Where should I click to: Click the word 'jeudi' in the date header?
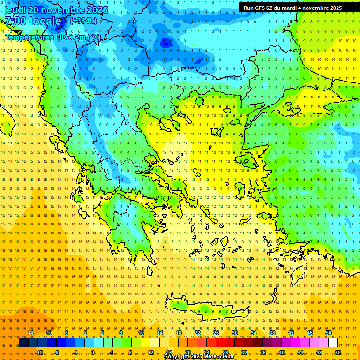coord(15,10)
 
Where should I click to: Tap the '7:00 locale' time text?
coord(33,21)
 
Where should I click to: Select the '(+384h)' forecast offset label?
coord(83,21)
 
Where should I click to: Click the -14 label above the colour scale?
coord(30,333)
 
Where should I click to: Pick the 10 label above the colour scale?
coord(141,333)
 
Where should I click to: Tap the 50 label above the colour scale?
coord(329,333)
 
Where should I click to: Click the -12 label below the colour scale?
coord(39,352)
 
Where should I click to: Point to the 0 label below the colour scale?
coord(93,352)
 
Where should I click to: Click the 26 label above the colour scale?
coord(216,333)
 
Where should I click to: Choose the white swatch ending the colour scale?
coord(333,343)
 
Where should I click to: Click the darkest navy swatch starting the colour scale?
coord(23,343)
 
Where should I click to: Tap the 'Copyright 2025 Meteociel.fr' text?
coord(199,357)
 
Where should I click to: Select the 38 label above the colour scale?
coord(272,333)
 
